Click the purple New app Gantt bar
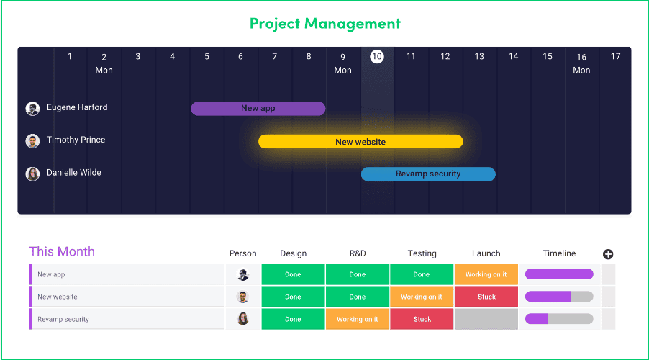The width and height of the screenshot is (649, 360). click(258, 109)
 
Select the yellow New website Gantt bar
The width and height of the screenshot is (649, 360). click(360, 142)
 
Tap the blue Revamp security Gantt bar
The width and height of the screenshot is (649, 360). click(428, 174)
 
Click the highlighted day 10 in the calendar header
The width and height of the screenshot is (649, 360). click(376, 56)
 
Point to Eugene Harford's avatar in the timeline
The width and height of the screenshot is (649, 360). click(32, 109)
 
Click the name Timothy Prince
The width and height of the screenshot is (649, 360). click(76, 140)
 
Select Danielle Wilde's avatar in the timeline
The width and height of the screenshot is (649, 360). click(32, 174)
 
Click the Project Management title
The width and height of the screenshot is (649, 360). click(325, 24)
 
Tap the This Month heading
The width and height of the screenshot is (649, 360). click(62, 251)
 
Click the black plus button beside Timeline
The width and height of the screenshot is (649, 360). click(607, 254)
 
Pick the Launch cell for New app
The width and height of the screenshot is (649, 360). click(486, 274)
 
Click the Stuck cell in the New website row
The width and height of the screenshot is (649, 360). click(486, 297)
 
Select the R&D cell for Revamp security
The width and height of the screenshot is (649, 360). click(357, 319)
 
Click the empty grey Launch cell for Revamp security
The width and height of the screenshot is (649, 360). click(486, 319)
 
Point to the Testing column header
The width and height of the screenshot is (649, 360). click(422, 253)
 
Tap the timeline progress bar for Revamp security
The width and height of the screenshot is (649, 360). click(559, 318)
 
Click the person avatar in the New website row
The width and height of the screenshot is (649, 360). click(242, 297)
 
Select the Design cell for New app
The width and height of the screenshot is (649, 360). click(293, 274)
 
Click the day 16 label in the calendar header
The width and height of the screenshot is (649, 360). click(581, 57)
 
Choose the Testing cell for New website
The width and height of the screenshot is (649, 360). click(422, 297)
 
